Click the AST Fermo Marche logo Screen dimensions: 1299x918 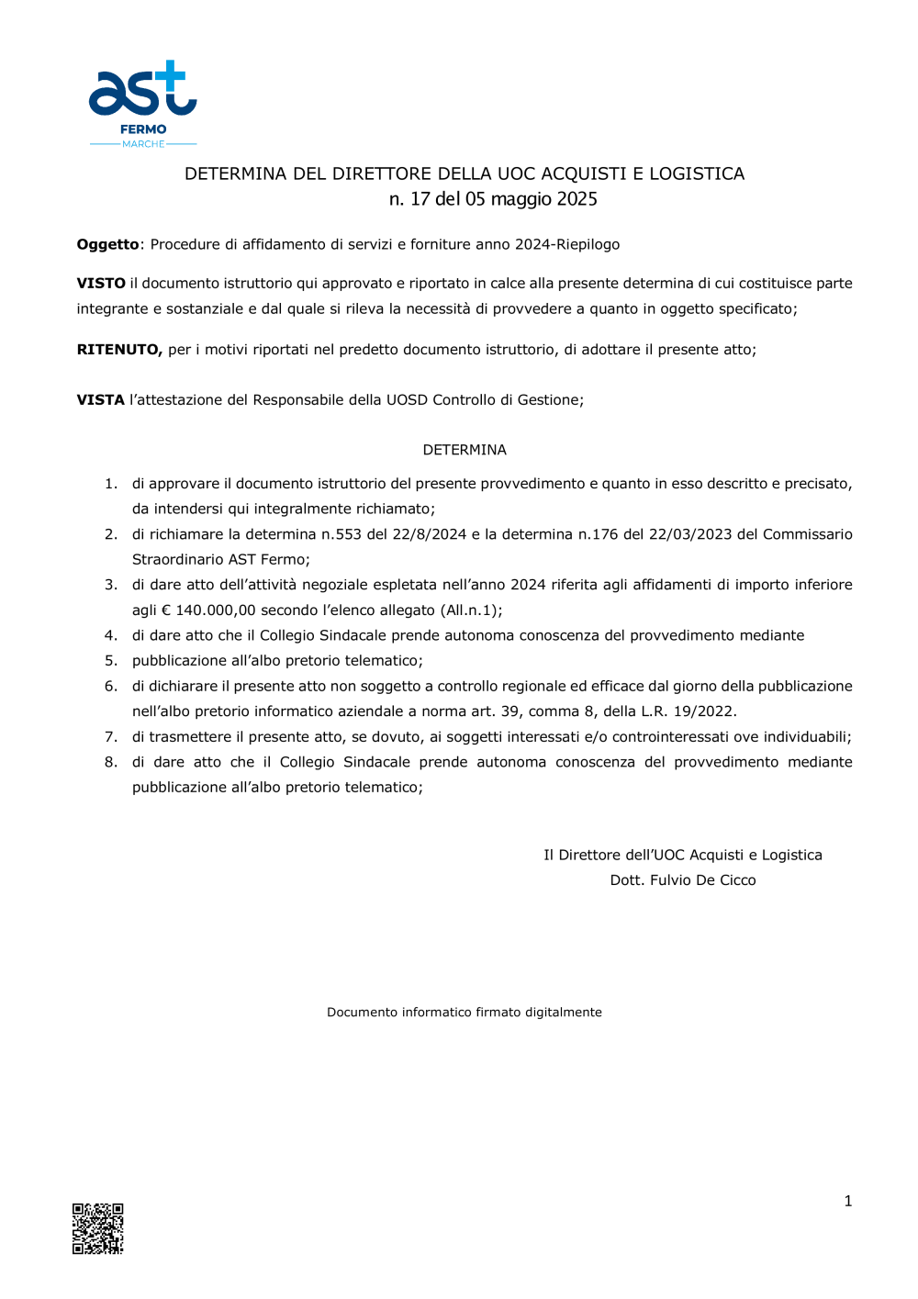click(143, 104)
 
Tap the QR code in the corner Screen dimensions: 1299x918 click(98, 1228)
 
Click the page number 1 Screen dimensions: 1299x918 click(848, 1201)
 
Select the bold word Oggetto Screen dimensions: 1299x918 click(107, 244)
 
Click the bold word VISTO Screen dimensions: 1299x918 click(101, 284)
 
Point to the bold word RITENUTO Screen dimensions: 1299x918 click(119, 350)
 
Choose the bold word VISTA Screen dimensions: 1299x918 click(101, 400)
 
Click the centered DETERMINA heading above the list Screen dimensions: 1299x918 click(465, 450)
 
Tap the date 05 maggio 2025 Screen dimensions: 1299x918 click(532, 199)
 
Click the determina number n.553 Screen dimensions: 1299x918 click(341, 534)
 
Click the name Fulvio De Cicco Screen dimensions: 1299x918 click(702, 880)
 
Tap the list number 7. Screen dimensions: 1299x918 click(110, 737)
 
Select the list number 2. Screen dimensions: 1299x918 click(110, 534)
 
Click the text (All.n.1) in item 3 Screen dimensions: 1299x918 click(471, 610)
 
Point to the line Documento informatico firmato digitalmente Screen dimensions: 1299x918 click(465, 1013)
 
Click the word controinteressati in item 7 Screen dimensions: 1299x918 click(671, 737)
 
